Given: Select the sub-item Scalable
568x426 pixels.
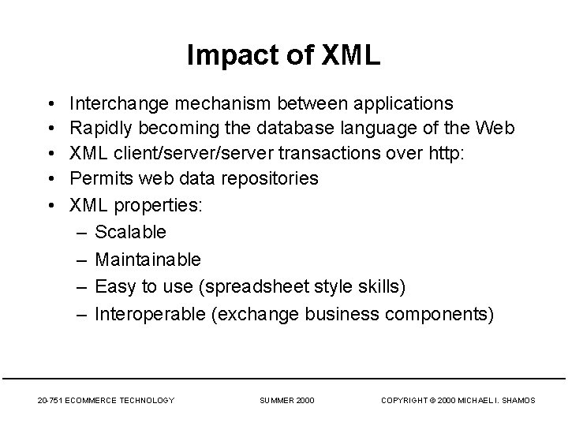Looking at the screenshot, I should click(x=130, y=232).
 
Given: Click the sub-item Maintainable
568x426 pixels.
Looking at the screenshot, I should click(x=148, y=259).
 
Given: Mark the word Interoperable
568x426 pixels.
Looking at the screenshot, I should click(x=151, y=314).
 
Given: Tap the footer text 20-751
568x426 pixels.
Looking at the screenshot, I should click(x=51, y=401).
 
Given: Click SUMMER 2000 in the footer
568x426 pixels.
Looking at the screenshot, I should click(x=287, y=401).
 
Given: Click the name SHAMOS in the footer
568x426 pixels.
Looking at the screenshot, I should click(x=518, y=401).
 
